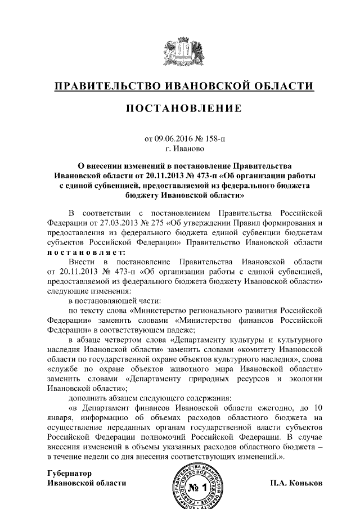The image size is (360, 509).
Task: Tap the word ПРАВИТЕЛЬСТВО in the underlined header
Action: pos(103,86)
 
